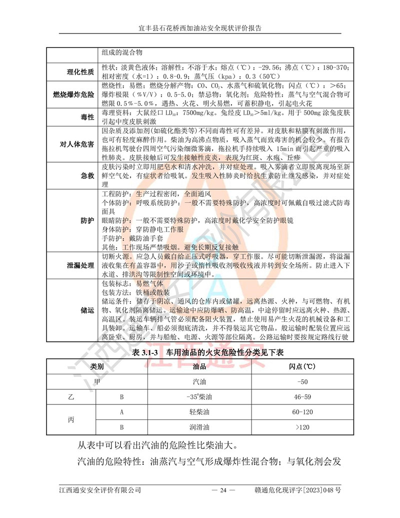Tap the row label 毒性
(87, 117)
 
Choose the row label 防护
(87, 221)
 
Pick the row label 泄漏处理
(80, 265)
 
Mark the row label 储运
(87, 310)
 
